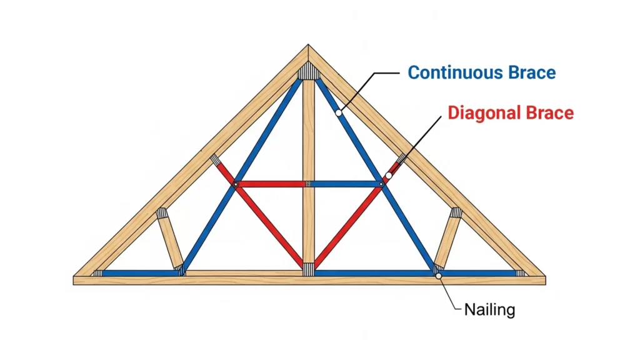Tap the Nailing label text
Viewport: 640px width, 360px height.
tap(489, 309)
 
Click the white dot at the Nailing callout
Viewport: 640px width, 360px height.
tap(439, 275)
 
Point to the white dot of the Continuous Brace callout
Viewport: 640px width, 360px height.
tap(338, 113)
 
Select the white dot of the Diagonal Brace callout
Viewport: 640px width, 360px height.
tap(388, 176)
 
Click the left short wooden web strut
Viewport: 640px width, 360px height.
tap(169, 241)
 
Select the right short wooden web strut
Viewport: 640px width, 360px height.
tap(447, 241)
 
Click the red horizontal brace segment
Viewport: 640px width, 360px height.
tap(270, 184)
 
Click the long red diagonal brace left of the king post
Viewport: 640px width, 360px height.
tap(269, 225)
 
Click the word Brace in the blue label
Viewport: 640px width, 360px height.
tap(531, 72)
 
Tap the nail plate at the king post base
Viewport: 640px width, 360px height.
tap(308, 269)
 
